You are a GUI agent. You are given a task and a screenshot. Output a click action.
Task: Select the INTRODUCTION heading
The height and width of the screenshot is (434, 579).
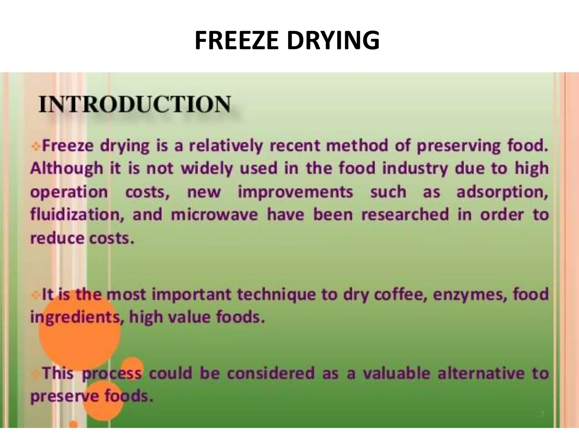pos(135,105)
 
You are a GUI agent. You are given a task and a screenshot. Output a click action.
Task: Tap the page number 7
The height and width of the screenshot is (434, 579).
pos(542,415)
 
